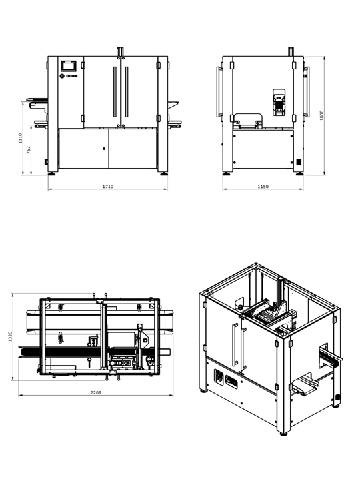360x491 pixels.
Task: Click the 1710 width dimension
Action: pos(108,187)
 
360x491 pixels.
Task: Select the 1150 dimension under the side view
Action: pos(263,187)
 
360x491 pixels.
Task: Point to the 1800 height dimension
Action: pos(321,115)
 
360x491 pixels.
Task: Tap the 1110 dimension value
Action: pos(21,138)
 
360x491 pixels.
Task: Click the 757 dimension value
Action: pos(29,150)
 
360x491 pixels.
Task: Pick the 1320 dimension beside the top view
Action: pos(10,336)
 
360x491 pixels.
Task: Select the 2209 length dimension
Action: pos(96,392)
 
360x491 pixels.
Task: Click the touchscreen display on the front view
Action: pos(68,66)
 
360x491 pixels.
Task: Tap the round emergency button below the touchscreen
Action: pos(62,76)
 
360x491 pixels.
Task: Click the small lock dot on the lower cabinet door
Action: pos(104,149)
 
